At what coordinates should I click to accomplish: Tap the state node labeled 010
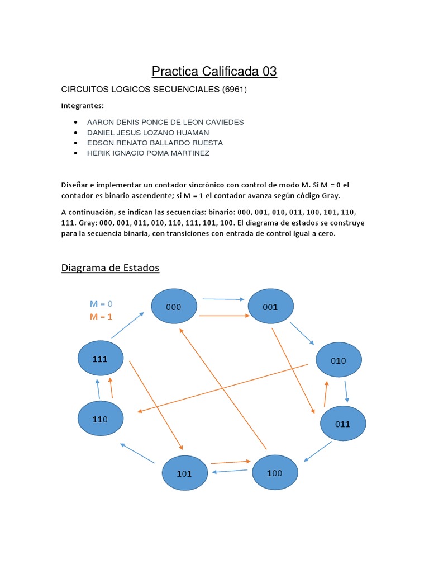point(339,360)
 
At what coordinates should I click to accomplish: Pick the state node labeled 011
point(342,424)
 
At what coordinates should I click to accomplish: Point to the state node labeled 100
point(275,473)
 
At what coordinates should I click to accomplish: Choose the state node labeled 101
point(184,473)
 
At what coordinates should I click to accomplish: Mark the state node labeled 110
point(101,418)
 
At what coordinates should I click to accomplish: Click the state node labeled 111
point(100,359)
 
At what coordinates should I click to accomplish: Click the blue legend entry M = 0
point(101,304)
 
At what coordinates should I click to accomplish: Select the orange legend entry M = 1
point(101,316)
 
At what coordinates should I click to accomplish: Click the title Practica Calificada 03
point(214,72)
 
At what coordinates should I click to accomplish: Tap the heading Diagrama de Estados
point(110,267)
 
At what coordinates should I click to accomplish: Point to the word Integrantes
point(82,105)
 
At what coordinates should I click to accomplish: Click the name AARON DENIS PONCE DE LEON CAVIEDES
point(165,122)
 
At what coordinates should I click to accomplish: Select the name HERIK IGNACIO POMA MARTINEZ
point(148,153)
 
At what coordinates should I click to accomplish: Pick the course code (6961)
point(235,90)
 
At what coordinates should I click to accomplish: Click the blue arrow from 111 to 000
point(127,325)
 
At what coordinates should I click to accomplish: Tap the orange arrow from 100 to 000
point(223,389)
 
